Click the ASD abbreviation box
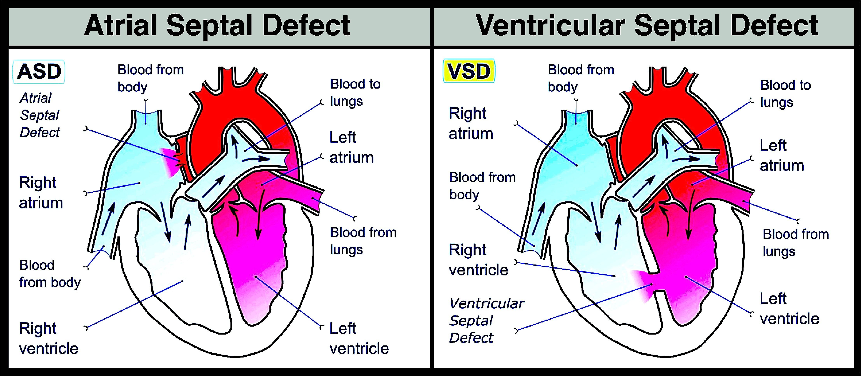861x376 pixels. pyautogui.click(x=39, y=72)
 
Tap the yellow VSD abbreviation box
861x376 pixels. pyautogui.click(x=469, y=71)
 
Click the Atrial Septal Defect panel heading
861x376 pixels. pyautogui.click(x=217, y=26)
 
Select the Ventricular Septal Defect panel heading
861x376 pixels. pyautogui.click(x=647, y=26)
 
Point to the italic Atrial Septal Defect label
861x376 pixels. pyautogui.click(x=39, y=115)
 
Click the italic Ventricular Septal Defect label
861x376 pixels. pyautogui.click(x=486, y=321)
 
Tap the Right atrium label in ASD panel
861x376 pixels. pyautogui.click(x=41, y=193)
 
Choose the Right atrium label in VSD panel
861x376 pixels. pyautogui.click(x=471, y=123)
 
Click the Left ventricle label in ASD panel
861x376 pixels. pyautogui.click(x=359, y=338)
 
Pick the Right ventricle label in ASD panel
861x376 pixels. pyautogui.click(x=48, y=338)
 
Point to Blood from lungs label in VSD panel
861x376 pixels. pyautogui.click(x=795, y=242)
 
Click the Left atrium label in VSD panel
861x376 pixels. pyautogui.click(x=781, y=155)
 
